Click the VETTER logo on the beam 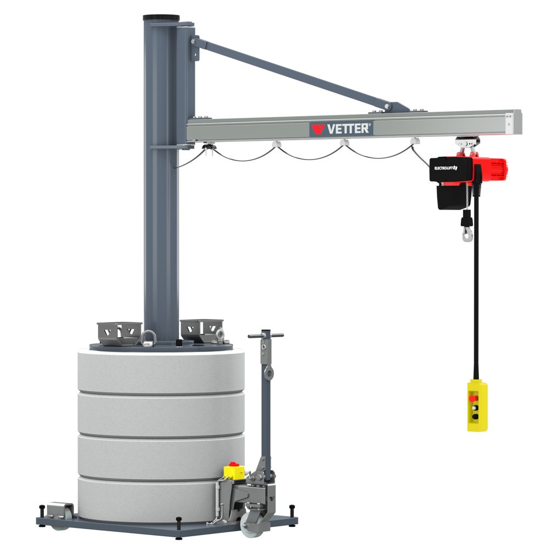point(341,129)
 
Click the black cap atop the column point(161,18)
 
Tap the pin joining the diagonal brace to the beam point(388,106)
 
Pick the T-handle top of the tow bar point(266,334)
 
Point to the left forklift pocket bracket point(119,333)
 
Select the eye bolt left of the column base point(147,338)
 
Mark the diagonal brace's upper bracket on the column point(195,48)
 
